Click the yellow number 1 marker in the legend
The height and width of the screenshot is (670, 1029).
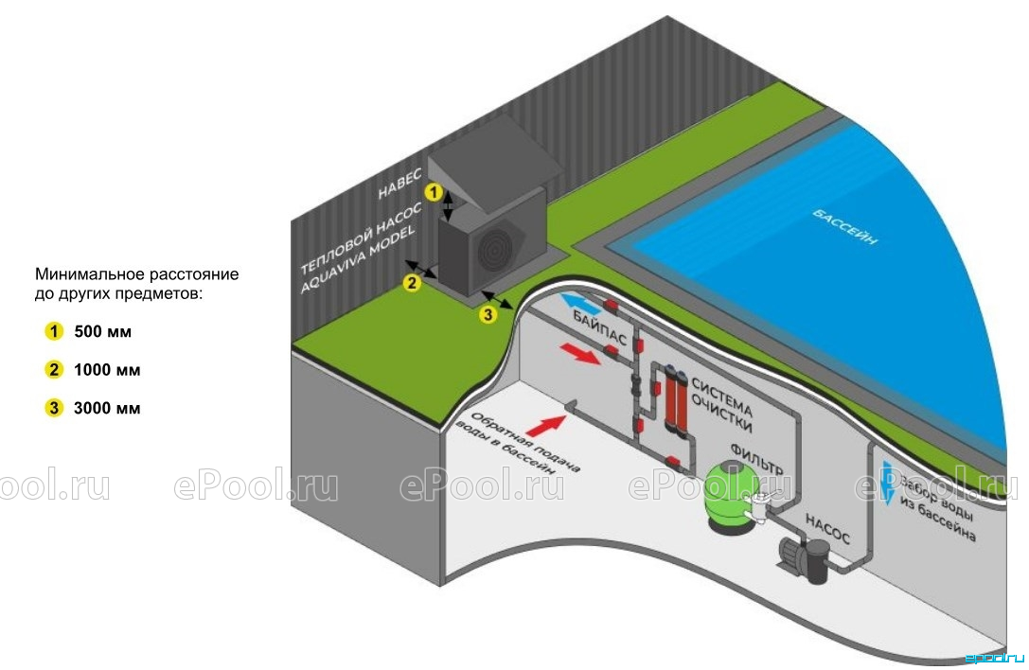point(54,331)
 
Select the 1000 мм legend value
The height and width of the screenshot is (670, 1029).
point(107,370)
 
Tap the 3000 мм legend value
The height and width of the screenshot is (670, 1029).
point(107,408)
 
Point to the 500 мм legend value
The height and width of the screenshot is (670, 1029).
point(103,331)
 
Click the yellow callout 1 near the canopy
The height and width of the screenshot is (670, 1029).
point(434,192)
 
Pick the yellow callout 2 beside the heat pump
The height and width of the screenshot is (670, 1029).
point(412,283)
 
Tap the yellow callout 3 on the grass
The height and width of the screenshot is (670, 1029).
point(488,315)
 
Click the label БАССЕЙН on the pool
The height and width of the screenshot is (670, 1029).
point(845,226)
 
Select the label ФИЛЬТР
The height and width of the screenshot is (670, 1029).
point(756,459)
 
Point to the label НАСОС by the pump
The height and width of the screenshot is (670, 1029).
point(827,529)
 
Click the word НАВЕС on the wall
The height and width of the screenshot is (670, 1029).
point(399,184)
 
